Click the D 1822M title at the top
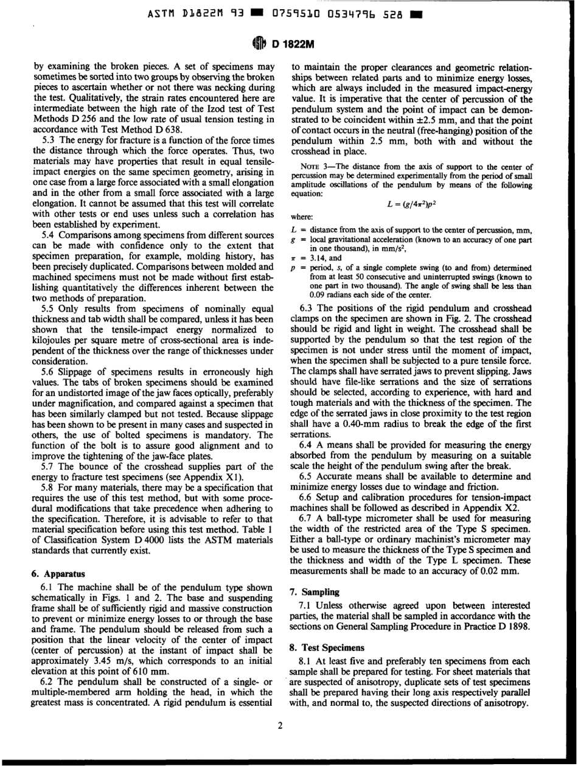tap(298, 41)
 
